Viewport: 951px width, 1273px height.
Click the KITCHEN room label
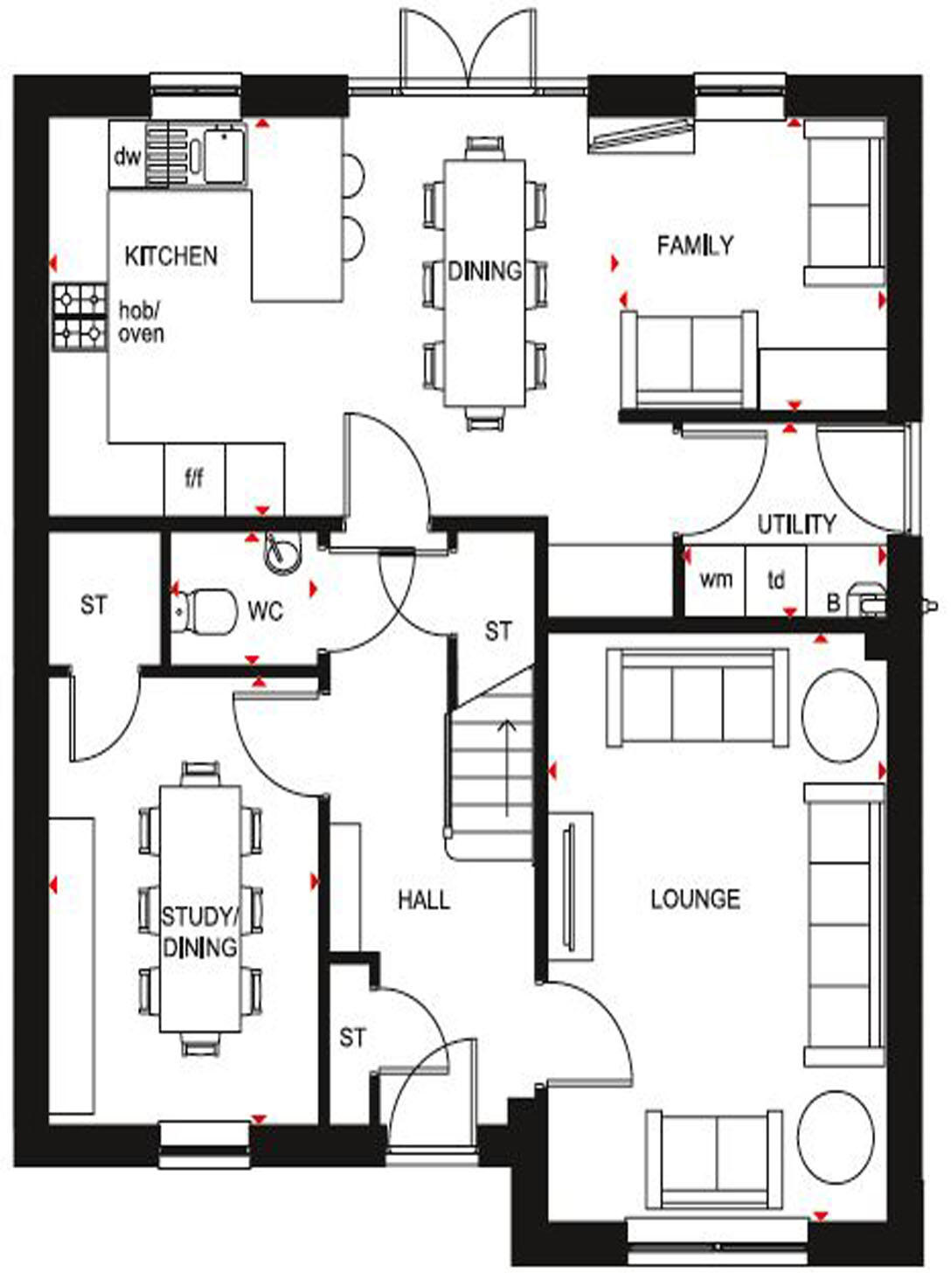tap(170, 255)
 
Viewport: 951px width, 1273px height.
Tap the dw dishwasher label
tap(128, 157)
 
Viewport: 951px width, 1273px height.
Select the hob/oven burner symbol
tap(80, 317)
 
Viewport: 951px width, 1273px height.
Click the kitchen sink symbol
tap(225, 154)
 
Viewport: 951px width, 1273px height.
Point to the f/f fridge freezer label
tap(194, 478)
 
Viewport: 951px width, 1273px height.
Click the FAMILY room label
tap(695, 246)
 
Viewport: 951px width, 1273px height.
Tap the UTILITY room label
tap(795, 525)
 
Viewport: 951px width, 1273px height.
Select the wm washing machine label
tap(716, 579)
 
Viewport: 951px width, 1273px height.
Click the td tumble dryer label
tap(776, 580)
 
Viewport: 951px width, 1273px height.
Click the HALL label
tap(424, 900)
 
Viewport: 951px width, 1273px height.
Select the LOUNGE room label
tap(695, 899)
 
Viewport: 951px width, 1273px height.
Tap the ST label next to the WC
tap(94, 605)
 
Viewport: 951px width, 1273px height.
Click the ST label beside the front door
tap(352, 1038)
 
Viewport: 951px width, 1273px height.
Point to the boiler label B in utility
tap(833, 603)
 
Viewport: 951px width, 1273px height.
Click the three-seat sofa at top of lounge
tap(698, 698)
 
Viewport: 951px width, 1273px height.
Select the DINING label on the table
tap(485, 271)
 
